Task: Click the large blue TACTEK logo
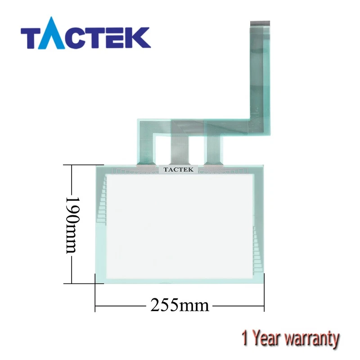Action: click(x=85, y=33)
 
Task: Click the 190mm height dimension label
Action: click(x=72, y=225)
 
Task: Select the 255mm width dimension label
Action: click(x=180, y=306)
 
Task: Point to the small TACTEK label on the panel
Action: click(x=178, y=170)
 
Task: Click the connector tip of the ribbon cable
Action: click(x=260, y=23)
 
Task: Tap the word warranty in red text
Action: click(x=311, y=338)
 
